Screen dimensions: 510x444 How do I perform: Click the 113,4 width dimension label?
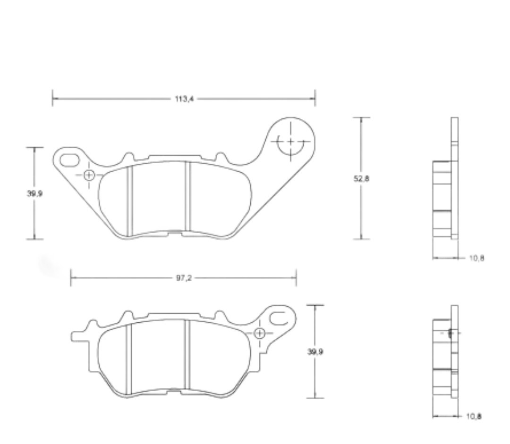pos(184,99)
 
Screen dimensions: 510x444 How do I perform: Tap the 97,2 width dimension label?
pos(184,278)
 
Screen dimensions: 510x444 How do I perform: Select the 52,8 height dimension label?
pos(361,178)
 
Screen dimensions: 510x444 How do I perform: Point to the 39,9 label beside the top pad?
pos(34,193)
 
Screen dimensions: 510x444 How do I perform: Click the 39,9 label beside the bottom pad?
pos(315,352)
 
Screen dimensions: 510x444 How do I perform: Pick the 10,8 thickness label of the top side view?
pos(476,258)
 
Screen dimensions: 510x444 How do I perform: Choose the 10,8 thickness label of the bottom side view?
pos(474,416)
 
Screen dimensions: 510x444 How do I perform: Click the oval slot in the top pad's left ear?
pos(69,160)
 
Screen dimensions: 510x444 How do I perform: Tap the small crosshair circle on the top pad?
pos(89,175)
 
